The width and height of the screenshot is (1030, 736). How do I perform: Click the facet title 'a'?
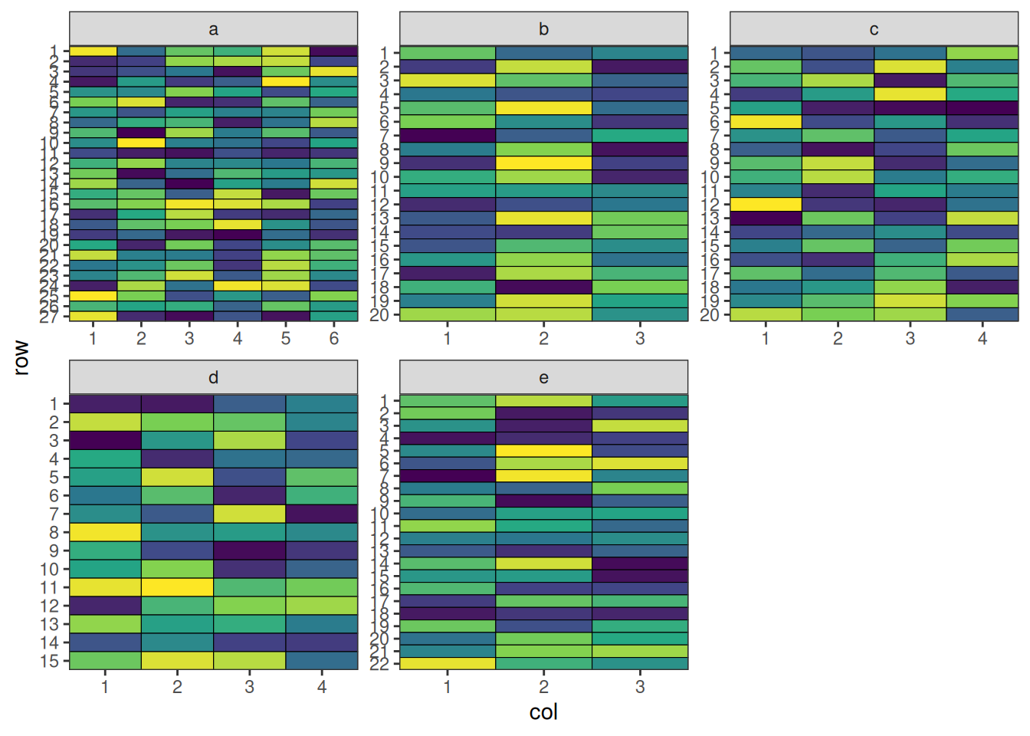(213, 29)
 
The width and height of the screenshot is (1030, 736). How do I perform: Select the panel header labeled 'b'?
(543, 29)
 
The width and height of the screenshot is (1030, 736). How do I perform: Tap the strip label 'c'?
(874, 29)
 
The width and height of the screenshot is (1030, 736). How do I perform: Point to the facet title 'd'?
(213, 377)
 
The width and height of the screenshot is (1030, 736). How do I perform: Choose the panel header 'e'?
(543, 377)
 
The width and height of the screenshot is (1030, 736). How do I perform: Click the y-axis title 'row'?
(21, 358)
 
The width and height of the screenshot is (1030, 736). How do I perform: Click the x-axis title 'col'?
(543, 712)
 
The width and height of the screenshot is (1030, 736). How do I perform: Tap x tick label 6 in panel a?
(334, 338)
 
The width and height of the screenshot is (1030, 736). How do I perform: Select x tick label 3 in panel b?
(640, 338)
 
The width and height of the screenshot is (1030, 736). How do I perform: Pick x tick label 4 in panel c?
(982, 338)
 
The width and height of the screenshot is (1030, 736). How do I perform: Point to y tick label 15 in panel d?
(49, 661)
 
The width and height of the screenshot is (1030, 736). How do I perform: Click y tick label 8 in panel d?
(54, 532)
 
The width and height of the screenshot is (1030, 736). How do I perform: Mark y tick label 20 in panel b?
(379, 314)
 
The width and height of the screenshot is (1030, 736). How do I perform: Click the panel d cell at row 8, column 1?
(105, 532)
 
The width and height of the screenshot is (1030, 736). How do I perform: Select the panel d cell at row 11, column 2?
(177, 587)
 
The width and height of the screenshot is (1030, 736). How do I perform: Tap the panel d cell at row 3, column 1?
(105, 440)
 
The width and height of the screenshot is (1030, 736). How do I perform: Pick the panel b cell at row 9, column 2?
(543, 163)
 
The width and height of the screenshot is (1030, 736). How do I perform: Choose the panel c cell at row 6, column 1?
(766, 122)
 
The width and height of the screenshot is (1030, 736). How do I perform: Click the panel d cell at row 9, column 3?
(249, 550)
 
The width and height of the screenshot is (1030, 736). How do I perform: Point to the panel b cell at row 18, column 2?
(543, 287)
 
